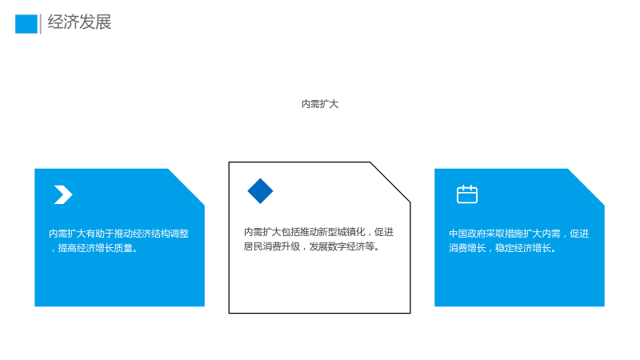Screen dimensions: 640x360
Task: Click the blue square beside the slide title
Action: [26, 24]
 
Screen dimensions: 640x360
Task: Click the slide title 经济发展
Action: [79, 22]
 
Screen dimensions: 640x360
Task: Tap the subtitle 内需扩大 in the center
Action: [320, 104]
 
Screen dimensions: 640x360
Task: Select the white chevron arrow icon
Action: [63, 194]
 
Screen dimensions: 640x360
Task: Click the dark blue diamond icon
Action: [261, 191]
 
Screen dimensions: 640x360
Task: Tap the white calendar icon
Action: [467, 194]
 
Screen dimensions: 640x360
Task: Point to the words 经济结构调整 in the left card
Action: [161, 234]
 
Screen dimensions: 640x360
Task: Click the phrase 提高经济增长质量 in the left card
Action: [95, 248]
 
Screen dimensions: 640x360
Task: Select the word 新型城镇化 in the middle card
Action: [342, 232]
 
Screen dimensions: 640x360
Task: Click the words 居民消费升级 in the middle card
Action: [272, 246]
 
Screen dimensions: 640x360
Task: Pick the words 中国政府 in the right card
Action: [468, 234]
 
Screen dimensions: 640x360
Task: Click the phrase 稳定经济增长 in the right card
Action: [523, 248]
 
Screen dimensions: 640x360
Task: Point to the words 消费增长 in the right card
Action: [467, 248]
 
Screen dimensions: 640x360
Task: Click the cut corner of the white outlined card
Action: [390, 182]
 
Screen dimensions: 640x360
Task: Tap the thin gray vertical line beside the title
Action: [41, 24]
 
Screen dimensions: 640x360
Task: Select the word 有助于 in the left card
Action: [99, 234]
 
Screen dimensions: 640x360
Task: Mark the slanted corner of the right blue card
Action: [586, 187]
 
